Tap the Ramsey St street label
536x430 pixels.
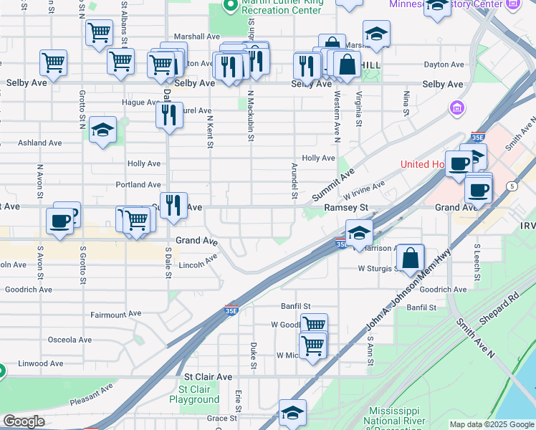coord(345,207)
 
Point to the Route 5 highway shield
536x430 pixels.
coord(512,186)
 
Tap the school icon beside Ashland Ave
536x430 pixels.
coord(102,130)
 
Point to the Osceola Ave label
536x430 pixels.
coord(70,340)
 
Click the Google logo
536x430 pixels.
coord(23,421)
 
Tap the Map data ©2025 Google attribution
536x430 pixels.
coord(491,424)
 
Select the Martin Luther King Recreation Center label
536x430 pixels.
coord(282,6)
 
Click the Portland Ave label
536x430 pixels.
coord(138,185)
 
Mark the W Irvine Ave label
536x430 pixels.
coord(364,191)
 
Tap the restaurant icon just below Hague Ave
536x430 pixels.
coord(169,114)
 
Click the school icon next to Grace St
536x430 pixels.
coord(292,413)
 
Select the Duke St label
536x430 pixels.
coord(254,355)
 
